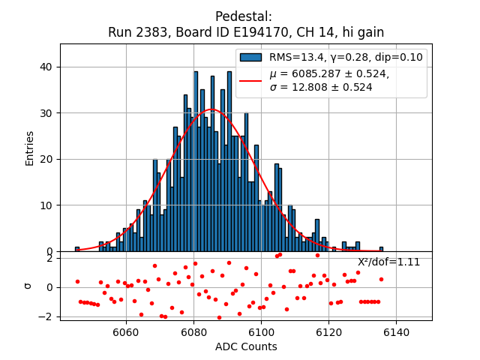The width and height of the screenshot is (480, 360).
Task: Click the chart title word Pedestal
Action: point(243,16)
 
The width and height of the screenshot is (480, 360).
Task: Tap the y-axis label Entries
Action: point(30,148)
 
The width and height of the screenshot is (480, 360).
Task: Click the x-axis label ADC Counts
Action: point(246,346)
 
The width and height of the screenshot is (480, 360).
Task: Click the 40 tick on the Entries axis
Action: point(46,67)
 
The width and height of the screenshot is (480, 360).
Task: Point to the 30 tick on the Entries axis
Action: point(46,113)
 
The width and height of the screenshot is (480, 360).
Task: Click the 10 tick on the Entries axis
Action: point(46,205)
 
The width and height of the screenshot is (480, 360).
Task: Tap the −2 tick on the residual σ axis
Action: point(44,316)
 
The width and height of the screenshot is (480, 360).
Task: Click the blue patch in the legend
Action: point(251,57)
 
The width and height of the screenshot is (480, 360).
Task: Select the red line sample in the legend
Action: point(251,80)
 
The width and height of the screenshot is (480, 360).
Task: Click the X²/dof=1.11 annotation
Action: point(388,262)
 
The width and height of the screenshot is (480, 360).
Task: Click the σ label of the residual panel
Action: point(29,286)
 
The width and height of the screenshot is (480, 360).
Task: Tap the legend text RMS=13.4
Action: point(297,57)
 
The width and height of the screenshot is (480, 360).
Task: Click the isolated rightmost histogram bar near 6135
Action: point(381,249)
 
